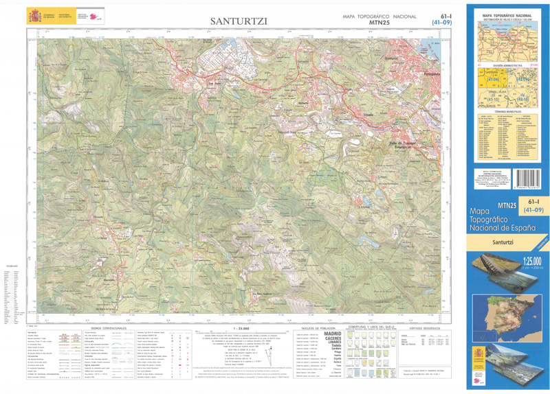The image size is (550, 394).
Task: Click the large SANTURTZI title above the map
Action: point(239,22)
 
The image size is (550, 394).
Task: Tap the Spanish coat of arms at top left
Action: point(34,16)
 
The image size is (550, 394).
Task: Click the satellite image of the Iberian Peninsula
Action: point(506,316)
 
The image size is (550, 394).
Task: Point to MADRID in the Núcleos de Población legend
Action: point(332,336)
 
